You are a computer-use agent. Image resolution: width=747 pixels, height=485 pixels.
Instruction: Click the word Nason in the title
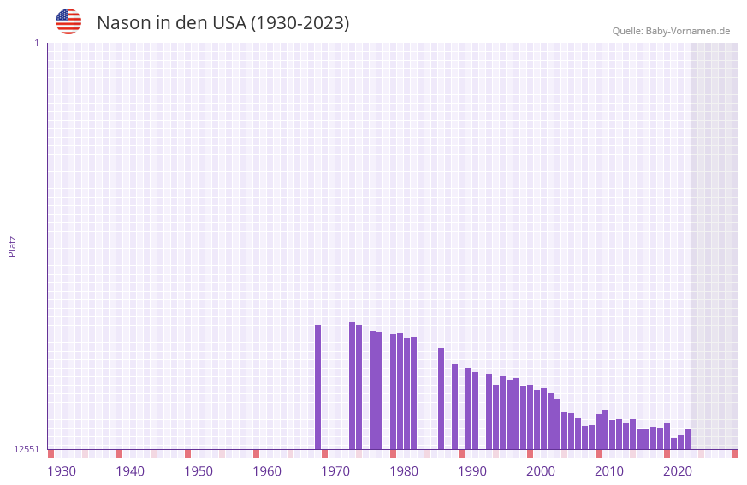(x=123, y=23)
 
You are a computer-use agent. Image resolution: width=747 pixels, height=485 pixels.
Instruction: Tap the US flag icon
(x=68, y=21)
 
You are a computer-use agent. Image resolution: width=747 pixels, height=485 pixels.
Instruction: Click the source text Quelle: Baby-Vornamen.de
(x=671, y=31)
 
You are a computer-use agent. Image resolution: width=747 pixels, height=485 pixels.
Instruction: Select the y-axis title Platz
(x=12, y=245)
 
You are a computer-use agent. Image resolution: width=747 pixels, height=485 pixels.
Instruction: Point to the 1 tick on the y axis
(x=36, y=43)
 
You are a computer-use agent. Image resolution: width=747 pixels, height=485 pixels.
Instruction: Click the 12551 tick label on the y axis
(x=27, y=449)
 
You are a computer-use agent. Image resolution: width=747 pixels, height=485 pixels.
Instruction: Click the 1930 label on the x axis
(x=62, y=471)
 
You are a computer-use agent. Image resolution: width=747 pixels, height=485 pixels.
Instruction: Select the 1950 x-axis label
(x=199, y=471)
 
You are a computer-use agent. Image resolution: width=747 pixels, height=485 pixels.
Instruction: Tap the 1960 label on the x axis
(x=267, y=471)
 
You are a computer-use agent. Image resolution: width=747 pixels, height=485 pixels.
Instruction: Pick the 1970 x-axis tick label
(x=335, y=471)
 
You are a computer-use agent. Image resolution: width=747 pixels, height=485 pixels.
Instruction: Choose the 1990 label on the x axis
(x=472, y=471)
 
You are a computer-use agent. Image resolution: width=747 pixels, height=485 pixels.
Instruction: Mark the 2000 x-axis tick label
(x=541, y=471)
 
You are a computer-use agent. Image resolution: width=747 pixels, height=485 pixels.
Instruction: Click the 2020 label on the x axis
(x=678, y=471)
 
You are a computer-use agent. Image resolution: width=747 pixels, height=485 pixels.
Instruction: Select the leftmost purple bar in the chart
(x=317, y=387)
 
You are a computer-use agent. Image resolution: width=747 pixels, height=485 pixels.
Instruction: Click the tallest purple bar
(x=352, y=385)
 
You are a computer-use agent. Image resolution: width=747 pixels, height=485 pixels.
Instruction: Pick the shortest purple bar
(x=673, y=443)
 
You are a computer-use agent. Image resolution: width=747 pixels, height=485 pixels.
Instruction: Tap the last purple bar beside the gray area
(x=687, y=439)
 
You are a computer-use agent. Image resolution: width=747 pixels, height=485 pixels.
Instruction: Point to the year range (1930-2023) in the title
(x=299, y=23)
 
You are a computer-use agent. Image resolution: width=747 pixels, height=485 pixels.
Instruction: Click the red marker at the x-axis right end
(x=735, y=453)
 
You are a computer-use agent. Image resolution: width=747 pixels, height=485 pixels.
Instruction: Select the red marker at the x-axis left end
(x=50, y=453)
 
